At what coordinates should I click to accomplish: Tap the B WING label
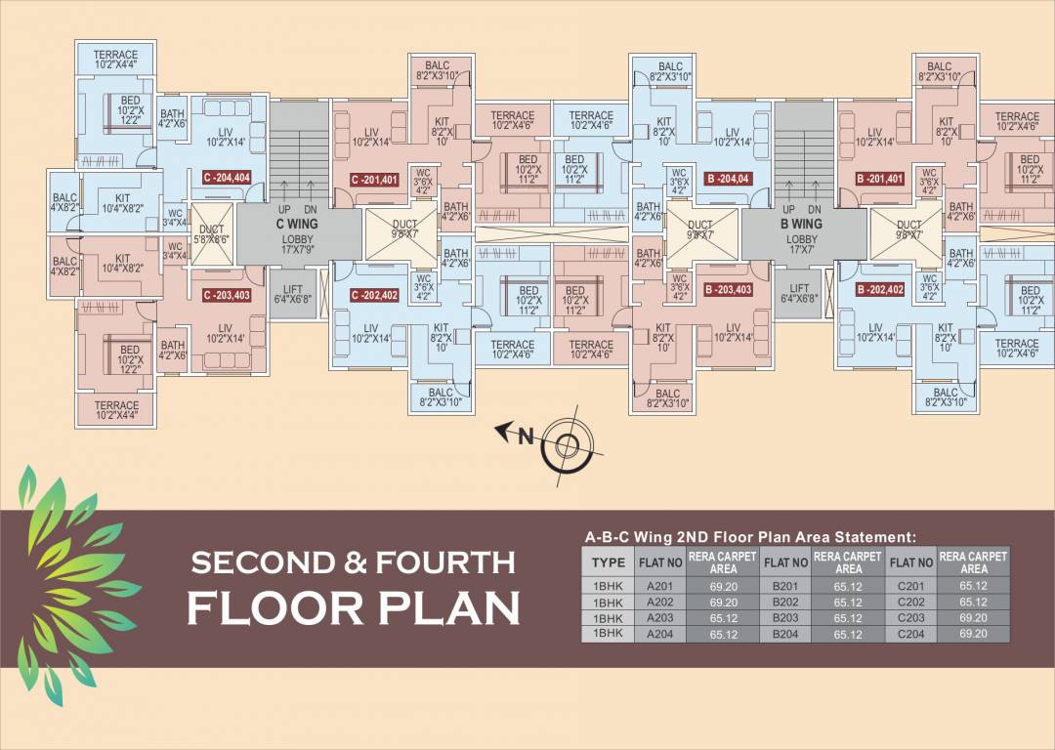coord(801,224)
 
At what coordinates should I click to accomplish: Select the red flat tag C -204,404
coord(227,178)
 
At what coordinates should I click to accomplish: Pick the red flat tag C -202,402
coord(373,295)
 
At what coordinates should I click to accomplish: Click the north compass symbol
coord(567,445)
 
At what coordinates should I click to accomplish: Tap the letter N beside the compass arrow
coord(526,437)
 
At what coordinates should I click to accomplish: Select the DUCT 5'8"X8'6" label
coord(207,230)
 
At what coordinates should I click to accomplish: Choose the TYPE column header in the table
coord(609,562)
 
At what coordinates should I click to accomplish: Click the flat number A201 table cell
coord(660,587)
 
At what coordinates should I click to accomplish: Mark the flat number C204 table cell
coord(910,634)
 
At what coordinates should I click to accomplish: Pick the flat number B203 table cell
coord(785,618)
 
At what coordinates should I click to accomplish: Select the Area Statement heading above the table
coord(750,536)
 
